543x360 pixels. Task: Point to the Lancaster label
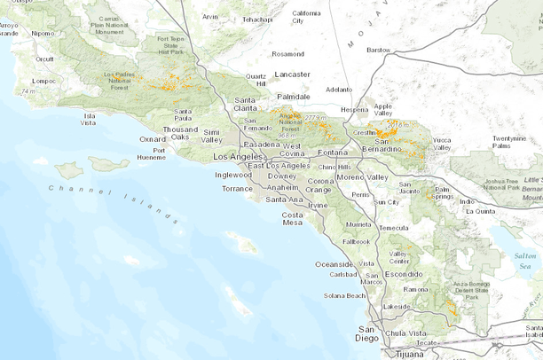click(x=293, y=74)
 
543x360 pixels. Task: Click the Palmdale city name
click(x=294, y=96)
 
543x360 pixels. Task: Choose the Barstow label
click(x=379, y=51)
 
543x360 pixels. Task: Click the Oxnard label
click(x=153, y=138)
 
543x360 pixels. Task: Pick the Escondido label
click(x=403, y=274)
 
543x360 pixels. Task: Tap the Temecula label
click(x=394, y=228)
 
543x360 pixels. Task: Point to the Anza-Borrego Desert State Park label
click(x=472, y=285)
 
